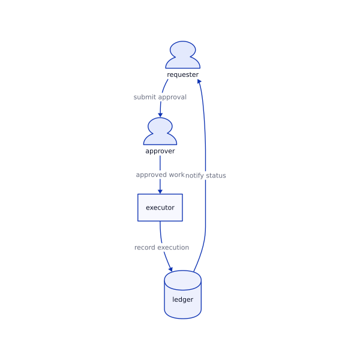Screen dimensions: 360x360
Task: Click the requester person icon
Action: pyautogui.click(x=182, y=56)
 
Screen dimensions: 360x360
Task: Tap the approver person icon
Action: pyautogui.click(x=160, y=133)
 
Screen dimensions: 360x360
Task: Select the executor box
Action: pyautogui.click(x=160, y=208)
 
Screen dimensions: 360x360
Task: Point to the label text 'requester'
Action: pyautogui.click(x=182, y=74)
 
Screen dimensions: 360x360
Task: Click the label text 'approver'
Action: pyautogui.click(x=160, y=151)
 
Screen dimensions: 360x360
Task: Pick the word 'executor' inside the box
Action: pyautogui.click(x=160, y=208)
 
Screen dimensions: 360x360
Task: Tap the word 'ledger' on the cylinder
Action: pyautogui.click(x=182, y=299)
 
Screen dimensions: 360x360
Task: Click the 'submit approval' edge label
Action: pyautogui.click(x=160, y=97)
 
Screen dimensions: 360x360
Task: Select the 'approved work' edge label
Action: pyautogui.click(x=160, y=175)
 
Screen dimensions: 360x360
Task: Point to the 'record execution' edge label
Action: pyautogui.click(x=161, y=247)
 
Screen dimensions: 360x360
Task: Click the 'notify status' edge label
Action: pyautogui.click(x=206, y=175)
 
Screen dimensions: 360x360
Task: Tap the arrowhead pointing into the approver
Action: pyautogui.click(x=160, y=114)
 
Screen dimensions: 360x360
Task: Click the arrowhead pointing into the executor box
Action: pyautogui.click(x=160, y=191)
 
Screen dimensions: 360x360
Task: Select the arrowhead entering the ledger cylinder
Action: pyautogui.click(x=170, y=269)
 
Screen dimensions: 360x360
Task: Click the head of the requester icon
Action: pyautogui.click(x=182, y=49)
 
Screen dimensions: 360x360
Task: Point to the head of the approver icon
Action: pyautogui.click(x=160, y=125)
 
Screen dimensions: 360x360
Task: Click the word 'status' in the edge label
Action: pyautogui.click(x=216, y=175)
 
